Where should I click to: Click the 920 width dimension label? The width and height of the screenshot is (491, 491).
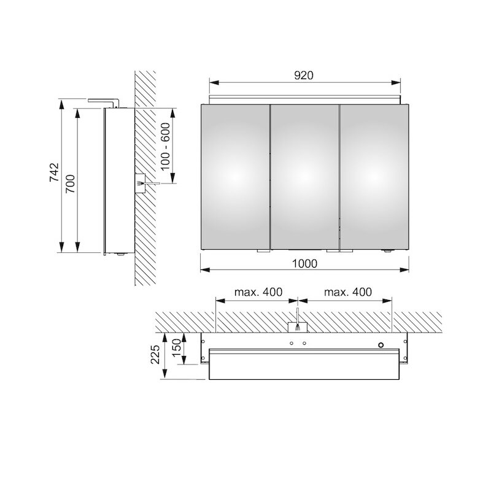[x=304, y=75]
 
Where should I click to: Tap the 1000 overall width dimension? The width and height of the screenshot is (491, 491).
[x=304, y=264]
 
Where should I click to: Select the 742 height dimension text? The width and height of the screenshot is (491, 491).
[x=54, y=172]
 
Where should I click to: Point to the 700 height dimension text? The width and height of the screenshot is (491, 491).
[x=71, y=184]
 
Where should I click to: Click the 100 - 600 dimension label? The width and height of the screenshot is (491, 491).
[x=165, y=146]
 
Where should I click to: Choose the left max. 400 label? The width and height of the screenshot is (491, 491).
[x=258, y=292]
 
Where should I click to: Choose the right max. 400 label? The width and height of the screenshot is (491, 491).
[x=348, y=292]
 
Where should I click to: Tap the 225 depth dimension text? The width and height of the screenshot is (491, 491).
[x=155, y=354]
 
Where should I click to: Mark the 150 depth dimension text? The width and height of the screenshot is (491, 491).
[x=176, y=347]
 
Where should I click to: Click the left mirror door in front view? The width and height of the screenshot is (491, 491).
[x=235, y=177]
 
